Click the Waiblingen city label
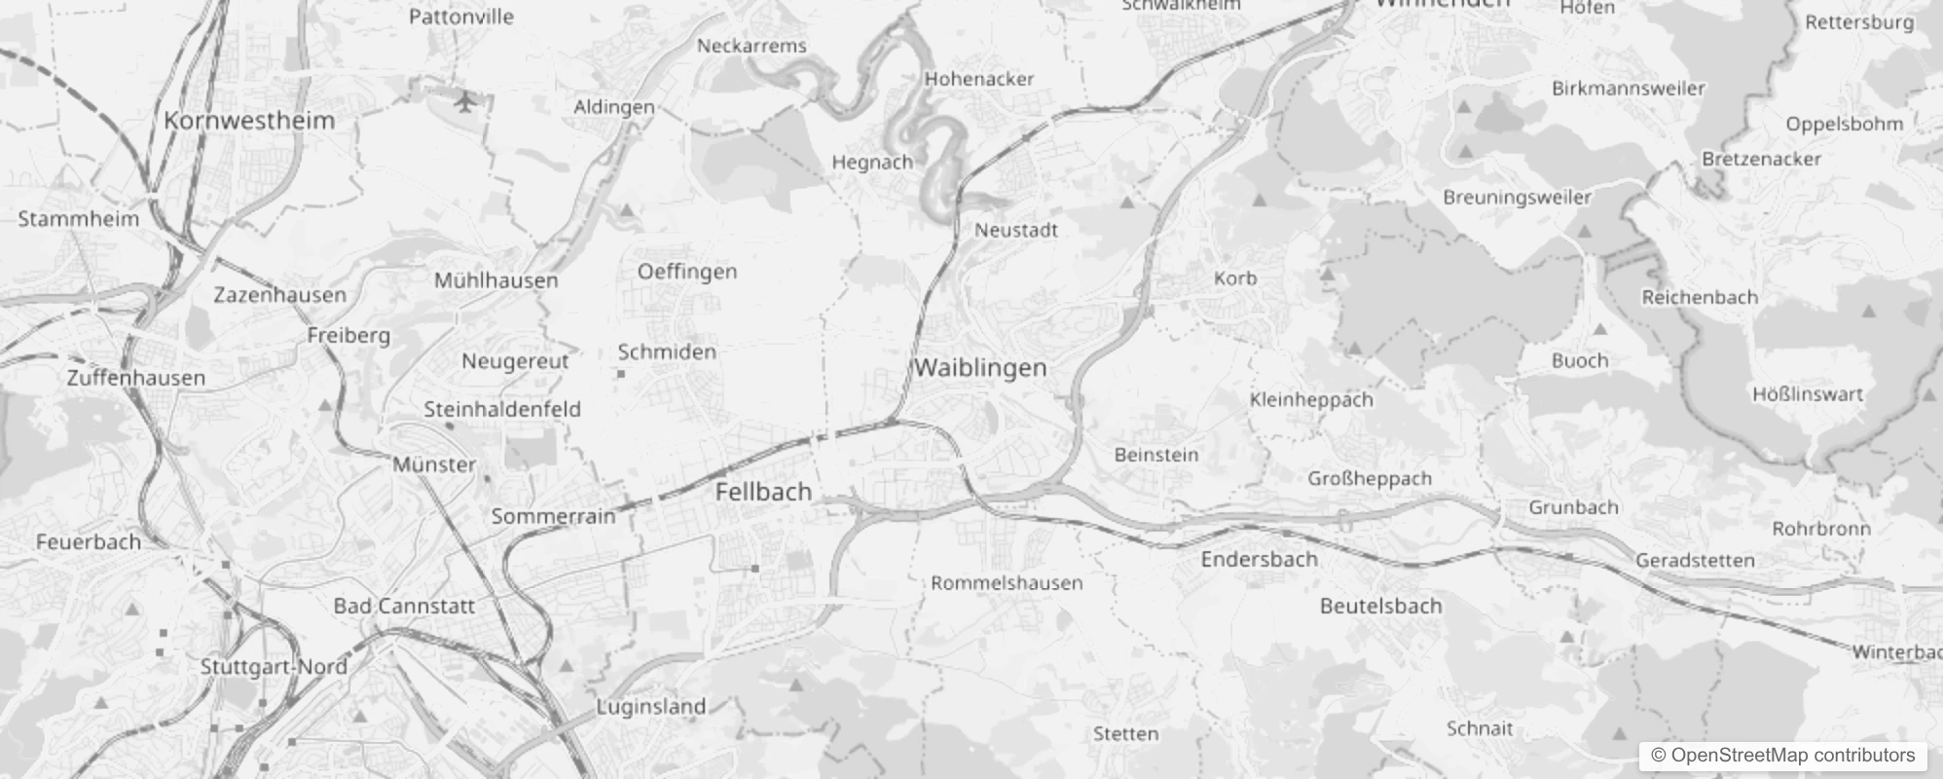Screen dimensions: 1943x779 980,368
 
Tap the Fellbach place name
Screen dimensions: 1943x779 763,492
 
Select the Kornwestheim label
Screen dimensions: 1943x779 249,121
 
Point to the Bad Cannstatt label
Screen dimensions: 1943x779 404,606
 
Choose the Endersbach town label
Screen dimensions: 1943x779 1259,560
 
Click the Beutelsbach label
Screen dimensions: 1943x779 1380,607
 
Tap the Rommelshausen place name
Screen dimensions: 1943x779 1007,583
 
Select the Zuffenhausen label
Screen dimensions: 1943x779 136,378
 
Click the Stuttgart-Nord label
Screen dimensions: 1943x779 274,667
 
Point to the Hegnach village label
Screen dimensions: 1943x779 872,163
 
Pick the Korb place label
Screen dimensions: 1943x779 1235,278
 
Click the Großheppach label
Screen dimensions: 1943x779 1370,479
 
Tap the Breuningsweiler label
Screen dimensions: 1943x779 1517,198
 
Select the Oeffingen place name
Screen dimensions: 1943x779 687,272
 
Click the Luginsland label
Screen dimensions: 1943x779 650,707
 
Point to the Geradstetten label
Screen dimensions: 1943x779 1695,561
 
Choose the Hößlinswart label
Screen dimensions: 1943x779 1808,394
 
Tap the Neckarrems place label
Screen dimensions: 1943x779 752,46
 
